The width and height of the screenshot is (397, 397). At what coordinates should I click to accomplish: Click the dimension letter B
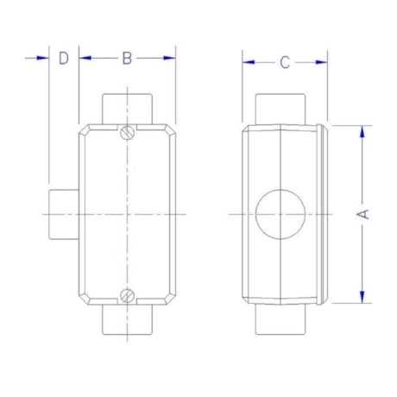127,58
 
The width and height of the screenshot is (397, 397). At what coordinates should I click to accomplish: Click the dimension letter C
285,62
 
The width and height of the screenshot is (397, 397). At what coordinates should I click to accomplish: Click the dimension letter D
63,58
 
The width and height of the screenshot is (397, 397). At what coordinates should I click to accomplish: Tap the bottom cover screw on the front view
127,293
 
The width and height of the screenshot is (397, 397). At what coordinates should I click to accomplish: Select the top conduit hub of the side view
281,110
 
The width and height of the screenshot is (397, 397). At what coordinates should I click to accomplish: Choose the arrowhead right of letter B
169,58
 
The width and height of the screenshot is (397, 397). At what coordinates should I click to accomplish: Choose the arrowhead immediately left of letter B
85,58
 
